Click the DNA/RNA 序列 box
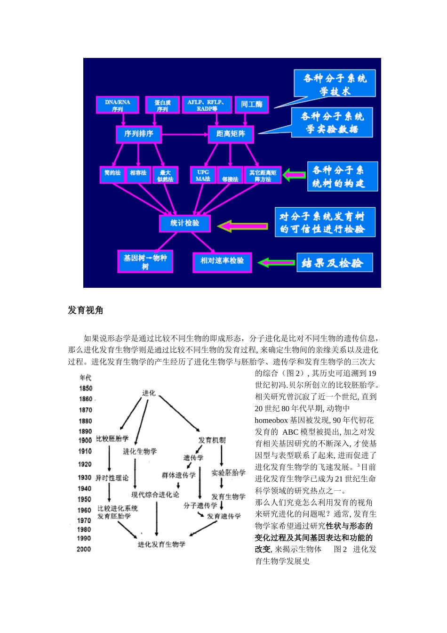(x=118, y=105)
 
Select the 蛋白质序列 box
(x=162, y=105)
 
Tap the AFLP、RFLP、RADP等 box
(x=207, y=105)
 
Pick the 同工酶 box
(x=252, y=105)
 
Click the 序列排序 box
(x=139, y=134)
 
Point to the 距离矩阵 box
(x=231, y=134)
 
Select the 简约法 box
(x=112, y=174)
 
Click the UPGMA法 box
(x=203, y=175)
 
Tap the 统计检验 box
(x=184, y=223)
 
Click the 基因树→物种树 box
(x=145, y=261)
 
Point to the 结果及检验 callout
(x=335, y=263)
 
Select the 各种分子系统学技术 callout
(x=335, y=83)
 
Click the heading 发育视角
(x=85, y=310)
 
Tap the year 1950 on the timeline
(x=85, y=499)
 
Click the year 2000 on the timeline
(x=84, y=549)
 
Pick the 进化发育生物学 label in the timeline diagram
(x=161, y=544)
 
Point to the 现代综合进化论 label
(x=155, y=495)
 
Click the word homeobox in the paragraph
(x=271, y=420)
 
